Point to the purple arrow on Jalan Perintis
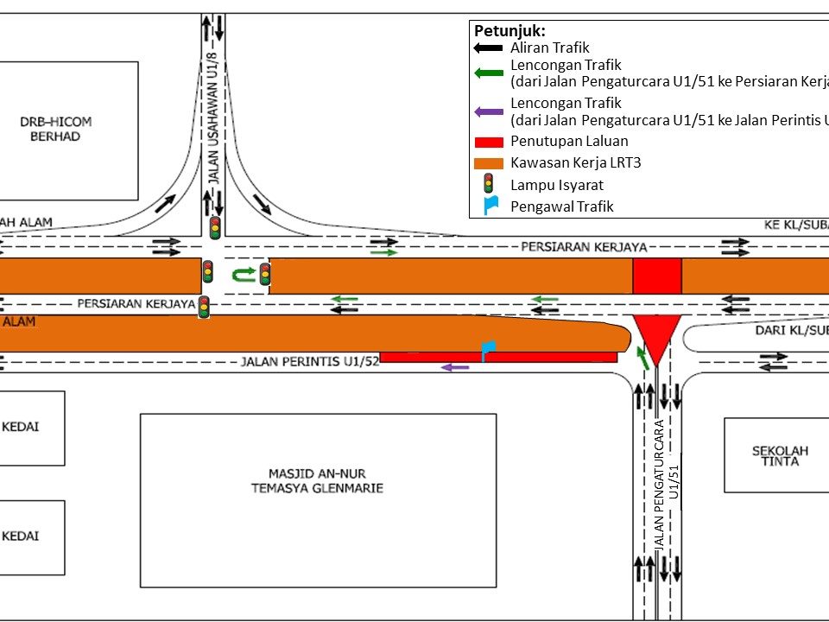[455, 368]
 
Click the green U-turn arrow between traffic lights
[243, 275]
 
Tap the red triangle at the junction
[656, 338]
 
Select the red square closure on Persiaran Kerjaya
[657, 276]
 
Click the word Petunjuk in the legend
[509, 31]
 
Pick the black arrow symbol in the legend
[489, 49]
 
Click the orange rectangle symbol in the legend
[489, 162]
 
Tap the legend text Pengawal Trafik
[561, 206]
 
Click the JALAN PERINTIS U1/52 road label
[310, 361]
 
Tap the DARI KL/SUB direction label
[791, 330]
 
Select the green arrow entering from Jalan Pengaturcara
[642, 358]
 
